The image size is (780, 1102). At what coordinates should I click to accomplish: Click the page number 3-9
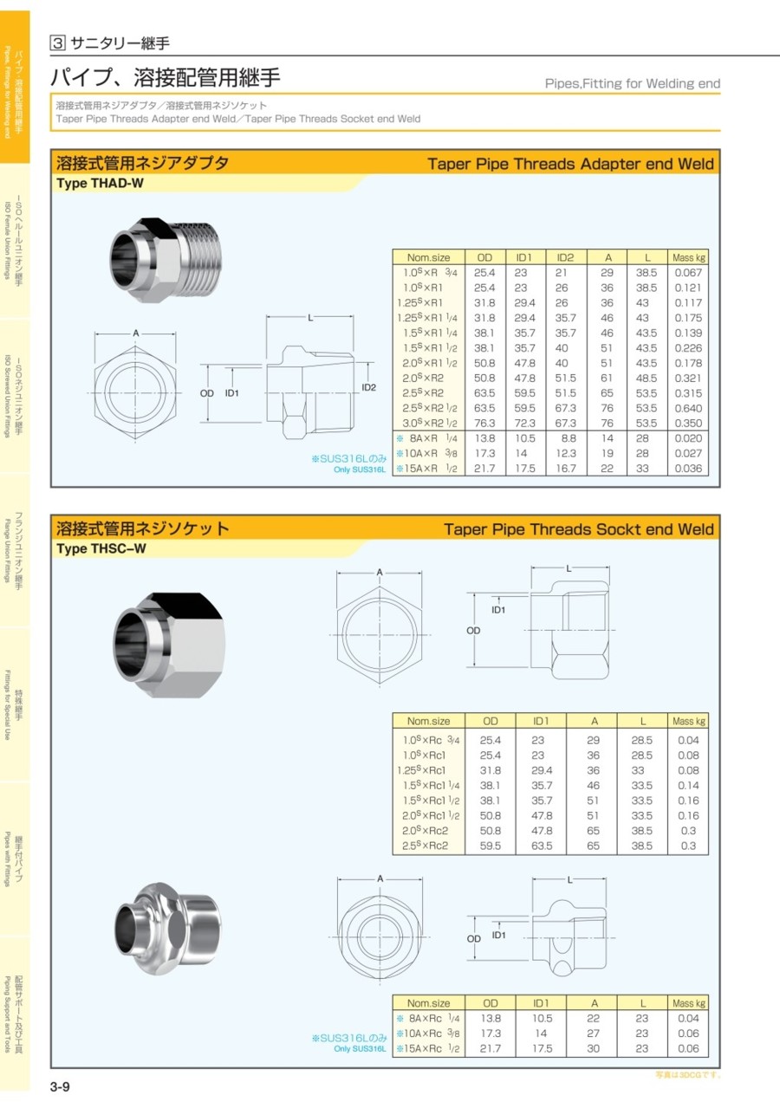coord(60,1086)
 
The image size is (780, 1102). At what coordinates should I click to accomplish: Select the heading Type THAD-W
coord(100,184)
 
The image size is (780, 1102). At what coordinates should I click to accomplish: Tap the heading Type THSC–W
coord(101,548)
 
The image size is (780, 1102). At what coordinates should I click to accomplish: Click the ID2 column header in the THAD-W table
coord(565,257)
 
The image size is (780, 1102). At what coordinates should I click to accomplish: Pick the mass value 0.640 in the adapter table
coord(688,408)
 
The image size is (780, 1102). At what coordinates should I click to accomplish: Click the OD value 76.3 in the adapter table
coord(484,423)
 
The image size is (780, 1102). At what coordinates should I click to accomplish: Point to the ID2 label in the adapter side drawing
coord(368,387)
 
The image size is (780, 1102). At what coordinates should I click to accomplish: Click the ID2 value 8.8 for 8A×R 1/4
coord(569,438)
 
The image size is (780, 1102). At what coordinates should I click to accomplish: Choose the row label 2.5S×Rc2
coord(426,846)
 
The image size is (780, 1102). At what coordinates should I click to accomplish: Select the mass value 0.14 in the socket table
coord(688,786)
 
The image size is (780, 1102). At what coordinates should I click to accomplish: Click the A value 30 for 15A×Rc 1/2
coord(593,1048)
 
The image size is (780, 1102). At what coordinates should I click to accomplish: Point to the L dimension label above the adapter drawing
coord(310,318)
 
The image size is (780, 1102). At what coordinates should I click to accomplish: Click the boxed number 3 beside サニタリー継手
coord(57,43)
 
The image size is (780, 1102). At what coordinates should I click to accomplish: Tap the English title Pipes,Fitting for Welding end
coord(633,84)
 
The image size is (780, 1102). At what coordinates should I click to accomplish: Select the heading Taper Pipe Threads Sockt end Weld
coord(579,529)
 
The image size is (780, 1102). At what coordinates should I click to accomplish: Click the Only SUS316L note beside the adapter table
coord(360,470)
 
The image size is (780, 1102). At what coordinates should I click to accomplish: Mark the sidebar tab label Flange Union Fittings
coord(7,550)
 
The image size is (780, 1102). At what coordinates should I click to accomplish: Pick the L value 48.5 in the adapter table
coord(646,379)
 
